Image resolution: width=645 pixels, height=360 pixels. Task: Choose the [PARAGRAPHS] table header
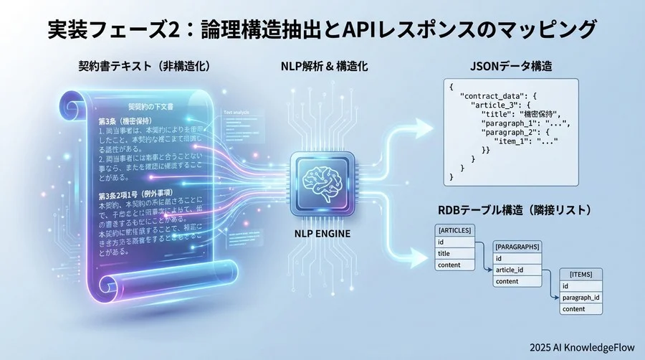click(517, 247)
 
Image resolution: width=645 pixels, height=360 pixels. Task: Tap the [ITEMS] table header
click(580, 275)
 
